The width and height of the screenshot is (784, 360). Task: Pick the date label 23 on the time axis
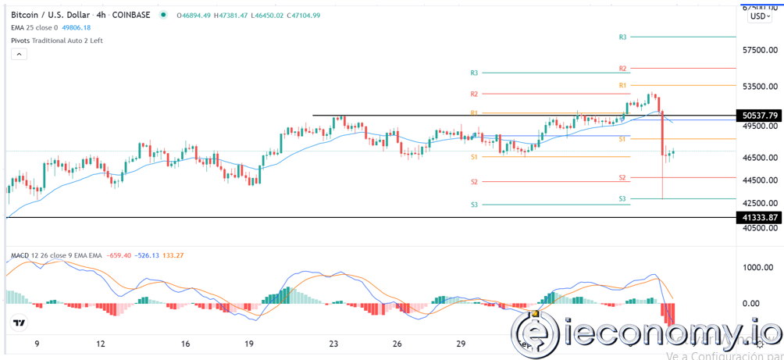point(333,343)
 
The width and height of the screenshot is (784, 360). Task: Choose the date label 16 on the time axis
point(185,343)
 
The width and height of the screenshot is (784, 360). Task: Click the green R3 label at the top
point(622,37)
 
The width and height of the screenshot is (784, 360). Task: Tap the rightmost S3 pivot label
point(622,199)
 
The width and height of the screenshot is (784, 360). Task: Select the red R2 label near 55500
point(622,69)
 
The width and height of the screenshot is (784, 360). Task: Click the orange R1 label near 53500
point(622,84)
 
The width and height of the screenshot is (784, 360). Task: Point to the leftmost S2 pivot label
point(474,182)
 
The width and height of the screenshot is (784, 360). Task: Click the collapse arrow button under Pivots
point(19,54)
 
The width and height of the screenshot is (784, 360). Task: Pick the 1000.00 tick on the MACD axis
point(757,267)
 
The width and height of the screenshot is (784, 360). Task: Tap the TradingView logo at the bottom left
point(19,323)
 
